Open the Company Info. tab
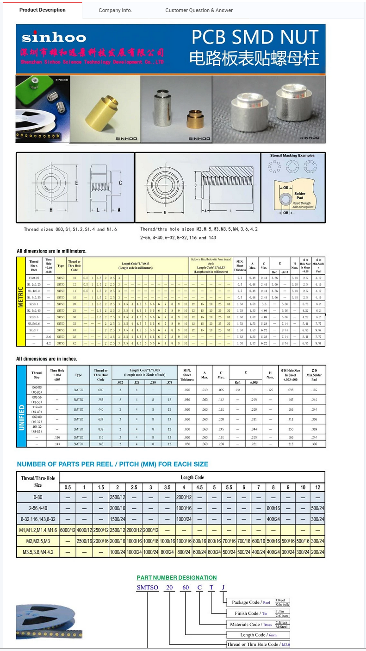coord(115,10)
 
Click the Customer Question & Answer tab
coord(199,10)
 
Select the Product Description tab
coord(43,10)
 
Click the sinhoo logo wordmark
coord(54,38)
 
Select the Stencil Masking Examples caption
coord(292,156)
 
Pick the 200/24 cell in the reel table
coord(317,552)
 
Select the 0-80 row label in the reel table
coord(38,497)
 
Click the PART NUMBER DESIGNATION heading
coord(177,577)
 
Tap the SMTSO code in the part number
coord(147,588)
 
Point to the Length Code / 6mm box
coord(259,635)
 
